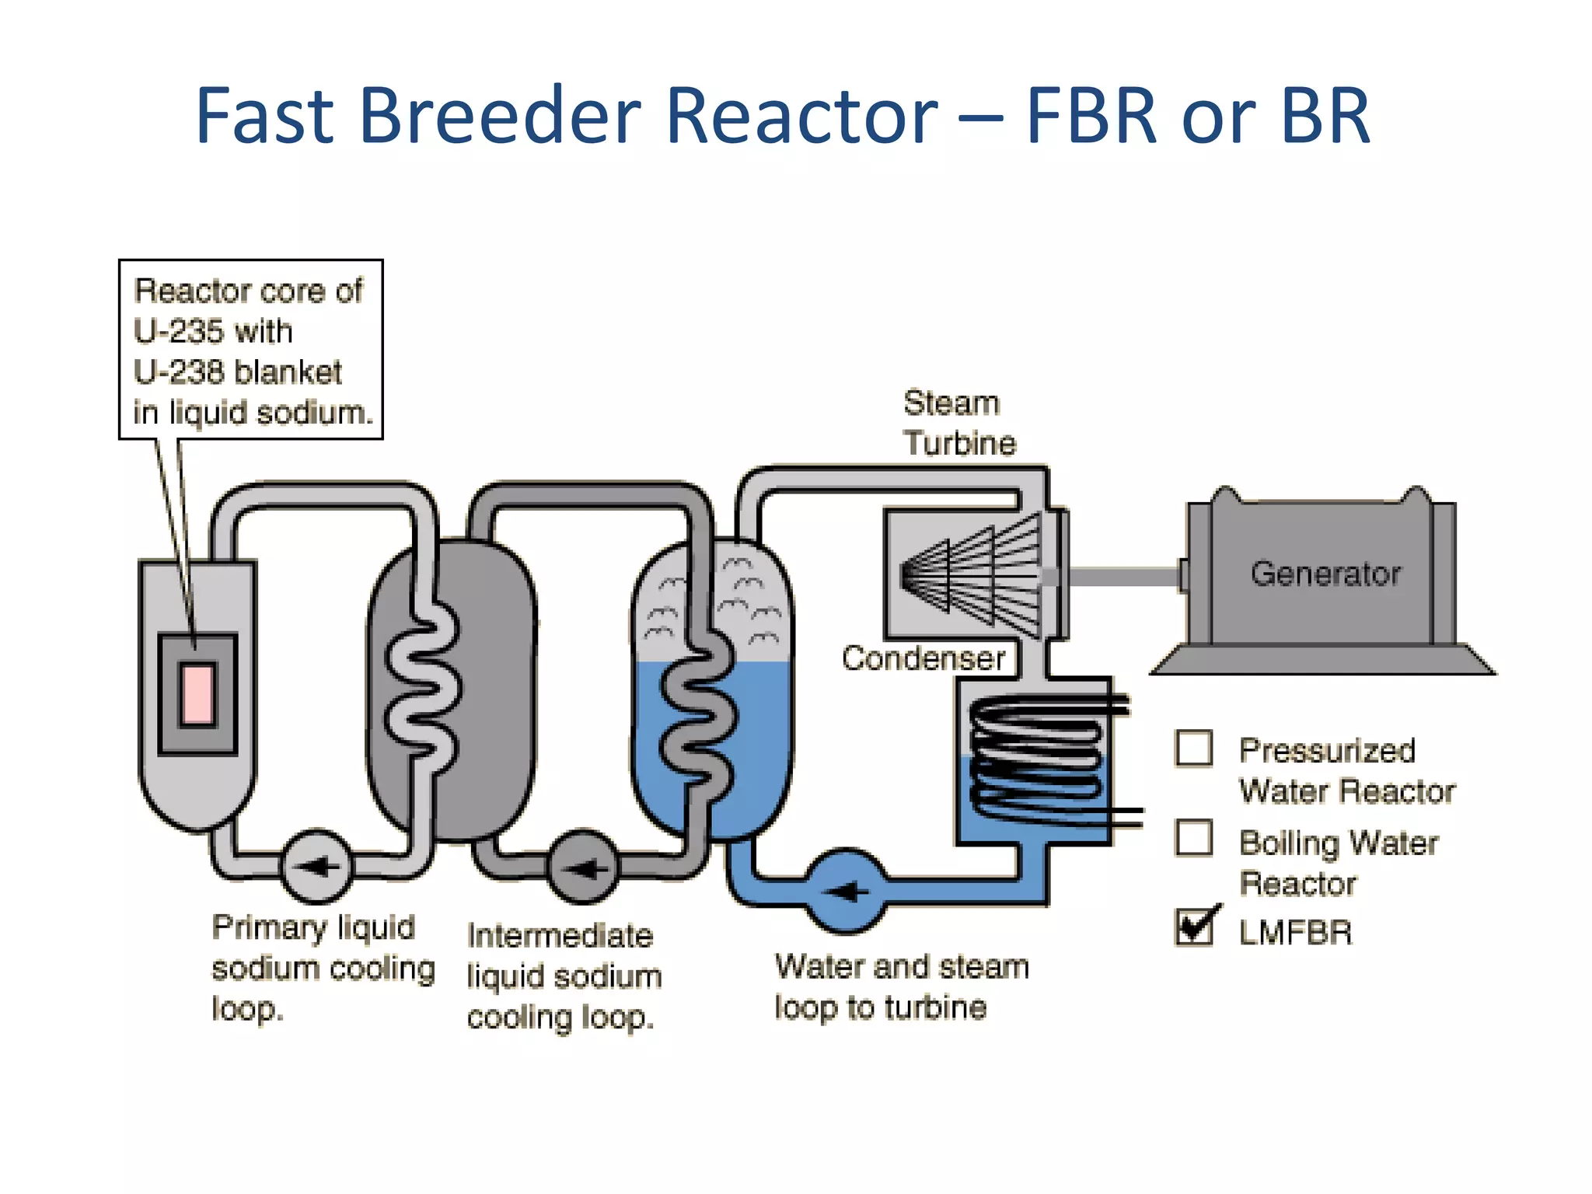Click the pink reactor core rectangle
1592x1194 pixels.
click(197, 694)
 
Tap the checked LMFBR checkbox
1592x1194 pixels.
click(1193, 927)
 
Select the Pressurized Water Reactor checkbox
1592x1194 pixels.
click(1193, 749)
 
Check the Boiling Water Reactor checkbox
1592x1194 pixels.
click(1193, 838)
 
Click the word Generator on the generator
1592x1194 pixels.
click(1325, 574)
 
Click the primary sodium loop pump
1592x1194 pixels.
click(316, 866)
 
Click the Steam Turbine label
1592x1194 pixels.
click(958, 423)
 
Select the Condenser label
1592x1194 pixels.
click(923, 658)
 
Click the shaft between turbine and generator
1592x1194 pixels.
click(1123, 577)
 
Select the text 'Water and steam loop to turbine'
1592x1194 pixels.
click(902, 986)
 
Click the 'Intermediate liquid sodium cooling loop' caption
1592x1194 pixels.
click(564, 976)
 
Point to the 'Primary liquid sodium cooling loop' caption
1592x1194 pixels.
click(321, 968)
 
